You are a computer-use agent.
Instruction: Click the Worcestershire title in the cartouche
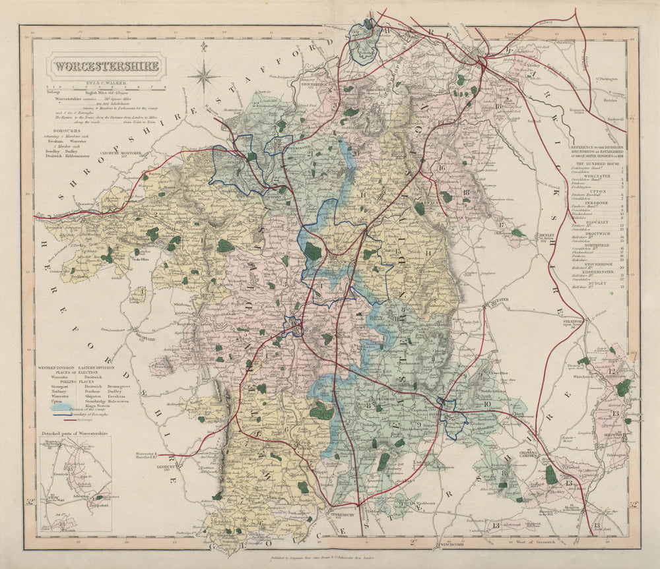click(x=106, y=66)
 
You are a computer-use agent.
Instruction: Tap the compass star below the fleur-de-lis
click(x=204, y=75)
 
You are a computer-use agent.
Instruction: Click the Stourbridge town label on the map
click(x=315, y=86)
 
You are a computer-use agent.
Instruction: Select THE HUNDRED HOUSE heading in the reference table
click(x=595, y=163)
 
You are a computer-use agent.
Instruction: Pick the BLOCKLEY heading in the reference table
click(x=595, y=222)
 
